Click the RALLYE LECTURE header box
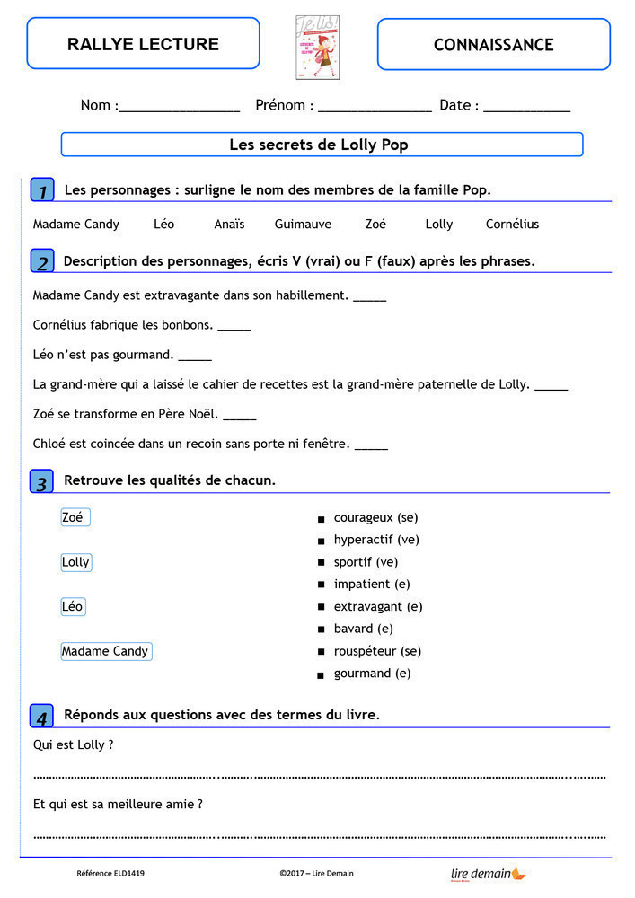pos(143,44)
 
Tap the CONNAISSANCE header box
pos(493,44)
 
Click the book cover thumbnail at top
pos(317,47)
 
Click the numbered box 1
pos(42,190)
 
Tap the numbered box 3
pos(42,481)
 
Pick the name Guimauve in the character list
pos(303,224)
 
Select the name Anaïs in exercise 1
pos(229,224)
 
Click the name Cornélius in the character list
pos(512,224)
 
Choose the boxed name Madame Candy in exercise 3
pos(106,651)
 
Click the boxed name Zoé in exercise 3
pos(75,517)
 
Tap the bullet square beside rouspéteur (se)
pos(321,652)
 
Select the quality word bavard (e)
pos(363,629)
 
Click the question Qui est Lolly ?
pos(73,744)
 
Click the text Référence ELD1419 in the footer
pos(110,873)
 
